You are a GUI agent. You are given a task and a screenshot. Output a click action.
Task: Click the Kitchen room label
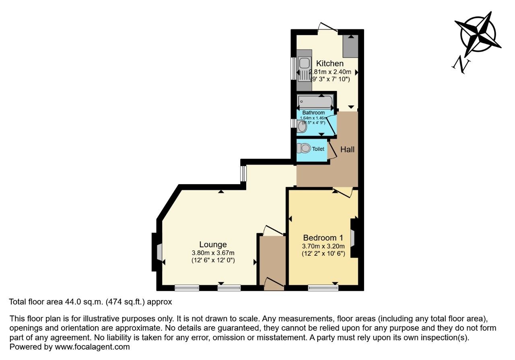(x=330, y=64)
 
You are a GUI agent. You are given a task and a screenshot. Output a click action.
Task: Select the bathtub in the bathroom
(x=315, y=101)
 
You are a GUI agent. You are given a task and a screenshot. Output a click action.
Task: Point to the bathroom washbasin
(x=302, y=127)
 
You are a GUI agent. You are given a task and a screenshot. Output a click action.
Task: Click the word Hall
(x=347, y=149)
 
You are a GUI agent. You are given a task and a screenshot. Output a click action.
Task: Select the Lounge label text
(x=213, y=245)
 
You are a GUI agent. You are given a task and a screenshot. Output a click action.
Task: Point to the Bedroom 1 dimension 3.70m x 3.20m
(x=323, y=246)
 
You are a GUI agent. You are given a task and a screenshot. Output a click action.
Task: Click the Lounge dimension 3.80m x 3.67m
(x=213, y=253)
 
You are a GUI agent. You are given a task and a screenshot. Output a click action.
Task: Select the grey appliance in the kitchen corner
(x=350, y=46)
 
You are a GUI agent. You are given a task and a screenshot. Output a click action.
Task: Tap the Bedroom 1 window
(x=323, y=287)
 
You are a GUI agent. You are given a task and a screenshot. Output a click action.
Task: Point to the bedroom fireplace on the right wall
(x=352, y=237)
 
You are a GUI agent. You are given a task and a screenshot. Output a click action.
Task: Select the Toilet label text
(x=318, y=149)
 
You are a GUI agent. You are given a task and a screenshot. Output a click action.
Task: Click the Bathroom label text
(x=313, y=113)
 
